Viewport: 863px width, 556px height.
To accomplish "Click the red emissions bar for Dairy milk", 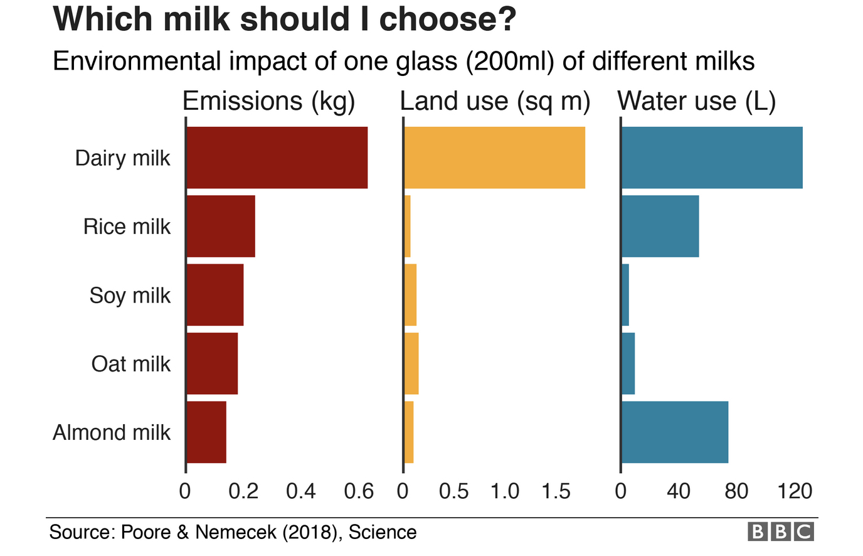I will click(277, 158).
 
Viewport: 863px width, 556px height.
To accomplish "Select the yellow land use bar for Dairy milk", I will click(494, 158).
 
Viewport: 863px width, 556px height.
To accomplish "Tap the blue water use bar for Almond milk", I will click(675, 432).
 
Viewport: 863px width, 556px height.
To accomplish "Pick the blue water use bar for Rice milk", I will click(660, 226).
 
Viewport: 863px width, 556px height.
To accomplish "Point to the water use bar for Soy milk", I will click(625, 295).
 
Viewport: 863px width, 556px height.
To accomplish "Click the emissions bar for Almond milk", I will click(206, 432).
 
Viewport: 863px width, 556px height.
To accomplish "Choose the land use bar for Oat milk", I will click(411, 363).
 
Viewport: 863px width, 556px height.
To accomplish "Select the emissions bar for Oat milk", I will click(212, 363).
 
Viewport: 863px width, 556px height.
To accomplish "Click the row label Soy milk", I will click(130, 295).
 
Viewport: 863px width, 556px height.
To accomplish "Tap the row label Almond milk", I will click(112, 432).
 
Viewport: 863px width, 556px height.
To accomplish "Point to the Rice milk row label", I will click(127, 227).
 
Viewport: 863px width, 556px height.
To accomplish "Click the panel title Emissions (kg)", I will click(268, 101).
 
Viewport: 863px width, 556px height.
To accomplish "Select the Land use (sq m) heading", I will click(495, 101).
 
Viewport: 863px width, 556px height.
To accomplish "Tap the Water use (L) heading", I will click(696, 101).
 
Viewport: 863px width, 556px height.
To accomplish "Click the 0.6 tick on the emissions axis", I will click(359, 491).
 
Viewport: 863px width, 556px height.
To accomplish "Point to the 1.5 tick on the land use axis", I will click(556, 491).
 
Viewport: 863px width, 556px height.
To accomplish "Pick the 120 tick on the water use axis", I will click(795, 491).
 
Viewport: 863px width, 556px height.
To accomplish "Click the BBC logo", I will click(781, 532).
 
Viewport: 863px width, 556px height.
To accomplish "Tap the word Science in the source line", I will click(383, 532).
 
